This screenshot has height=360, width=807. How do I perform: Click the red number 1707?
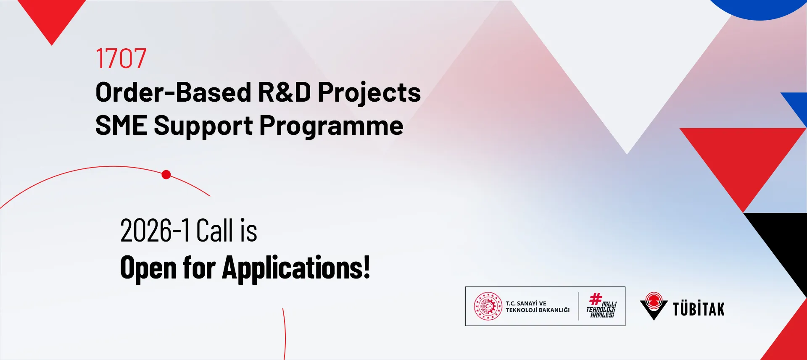pos(121,58)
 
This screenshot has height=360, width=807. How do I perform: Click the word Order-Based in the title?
pos(173,92)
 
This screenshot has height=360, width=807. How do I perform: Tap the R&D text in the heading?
pos(285,92)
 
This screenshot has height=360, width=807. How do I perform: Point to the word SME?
pos(121,126)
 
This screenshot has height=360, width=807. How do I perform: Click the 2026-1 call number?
pos(155,231)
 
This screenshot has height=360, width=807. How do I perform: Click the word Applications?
pos(296,268)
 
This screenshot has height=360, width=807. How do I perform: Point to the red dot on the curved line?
pos(166,175)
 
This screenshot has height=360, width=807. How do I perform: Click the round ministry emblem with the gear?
pos(488,306)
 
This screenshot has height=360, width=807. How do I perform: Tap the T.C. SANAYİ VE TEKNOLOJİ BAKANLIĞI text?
pos(538,307)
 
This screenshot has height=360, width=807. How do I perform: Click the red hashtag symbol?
pos(596,299)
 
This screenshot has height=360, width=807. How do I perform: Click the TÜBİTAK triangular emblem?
pos(654,306)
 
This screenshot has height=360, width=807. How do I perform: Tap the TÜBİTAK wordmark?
pos(699,309)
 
